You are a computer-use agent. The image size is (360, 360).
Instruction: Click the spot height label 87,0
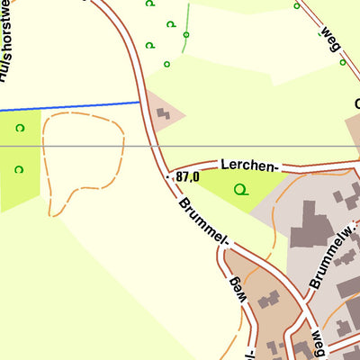(189, 177)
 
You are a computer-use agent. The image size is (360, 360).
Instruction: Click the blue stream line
(72, 105)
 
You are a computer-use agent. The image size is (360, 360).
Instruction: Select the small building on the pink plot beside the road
(163, 114)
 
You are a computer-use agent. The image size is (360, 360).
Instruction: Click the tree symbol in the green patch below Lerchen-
(239, 189)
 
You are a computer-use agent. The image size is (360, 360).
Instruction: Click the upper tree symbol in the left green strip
(19, 128)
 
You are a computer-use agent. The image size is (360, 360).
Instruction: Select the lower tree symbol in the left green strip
(19, 168)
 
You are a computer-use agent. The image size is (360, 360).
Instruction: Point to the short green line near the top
(186, 18)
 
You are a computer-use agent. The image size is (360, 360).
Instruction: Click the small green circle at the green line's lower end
(185, 35)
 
